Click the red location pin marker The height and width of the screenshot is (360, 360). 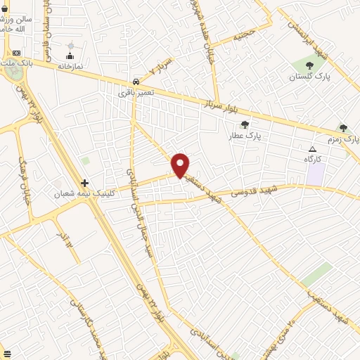click(x=181, y=164)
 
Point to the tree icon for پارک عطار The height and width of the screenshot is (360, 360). click(x=245, y=124)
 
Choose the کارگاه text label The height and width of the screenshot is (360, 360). click(x=312, y=160)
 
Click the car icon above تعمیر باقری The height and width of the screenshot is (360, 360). click(x=135, y=81)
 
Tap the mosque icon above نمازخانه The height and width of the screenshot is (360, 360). click(x=70, y=56)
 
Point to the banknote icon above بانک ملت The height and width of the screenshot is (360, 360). click(x=16, y=53)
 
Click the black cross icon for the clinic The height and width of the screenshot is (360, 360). click(x=85, y=183)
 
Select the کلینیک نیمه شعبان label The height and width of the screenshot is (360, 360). click(x=79, y=193)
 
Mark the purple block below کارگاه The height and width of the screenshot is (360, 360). click(x=315, y=174)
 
